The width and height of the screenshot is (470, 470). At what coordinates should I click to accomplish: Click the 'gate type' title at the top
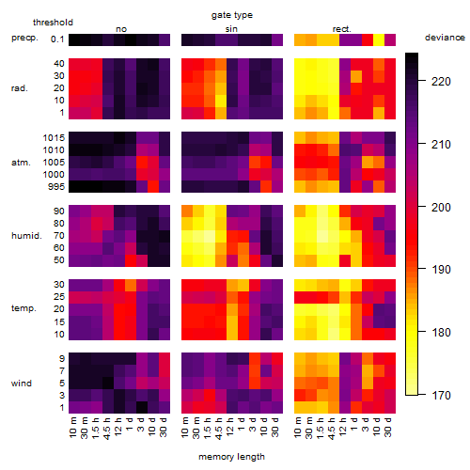232,15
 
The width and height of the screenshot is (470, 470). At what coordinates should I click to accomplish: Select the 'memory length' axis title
231,457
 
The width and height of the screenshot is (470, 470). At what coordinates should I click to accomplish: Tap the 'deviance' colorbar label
445,38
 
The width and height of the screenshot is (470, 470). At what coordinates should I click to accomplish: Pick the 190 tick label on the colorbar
441,270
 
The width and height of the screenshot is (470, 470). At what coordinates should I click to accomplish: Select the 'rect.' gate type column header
341,29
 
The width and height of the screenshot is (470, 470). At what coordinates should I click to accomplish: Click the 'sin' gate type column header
231,29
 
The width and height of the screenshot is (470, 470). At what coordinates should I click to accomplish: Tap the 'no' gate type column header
121,29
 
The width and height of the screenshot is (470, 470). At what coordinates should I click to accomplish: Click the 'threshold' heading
53,23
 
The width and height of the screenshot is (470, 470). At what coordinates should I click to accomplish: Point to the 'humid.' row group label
26,236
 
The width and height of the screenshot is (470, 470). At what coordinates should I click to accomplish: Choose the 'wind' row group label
22,384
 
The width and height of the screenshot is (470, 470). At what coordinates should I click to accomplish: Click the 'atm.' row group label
21,163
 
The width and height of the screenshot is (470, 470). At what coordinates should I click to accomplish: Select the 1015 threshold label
54,138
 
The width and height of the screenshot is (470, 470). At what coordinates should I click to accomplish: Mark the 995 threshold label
56,187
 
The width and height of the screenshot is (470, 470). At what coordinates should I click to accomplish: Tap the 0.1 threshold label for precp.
57,39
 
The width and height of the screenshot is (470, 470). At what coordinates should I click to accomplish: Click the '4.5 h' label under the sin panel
219,429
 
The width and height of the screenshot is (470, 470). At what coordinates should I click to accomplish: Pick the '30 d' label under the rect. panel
388,427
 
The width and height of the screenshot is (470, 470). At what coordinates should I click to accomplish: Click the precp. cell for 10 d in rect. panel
379,39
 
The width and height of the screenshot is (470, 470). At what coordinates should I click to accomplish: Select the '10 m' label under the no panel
72,428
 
